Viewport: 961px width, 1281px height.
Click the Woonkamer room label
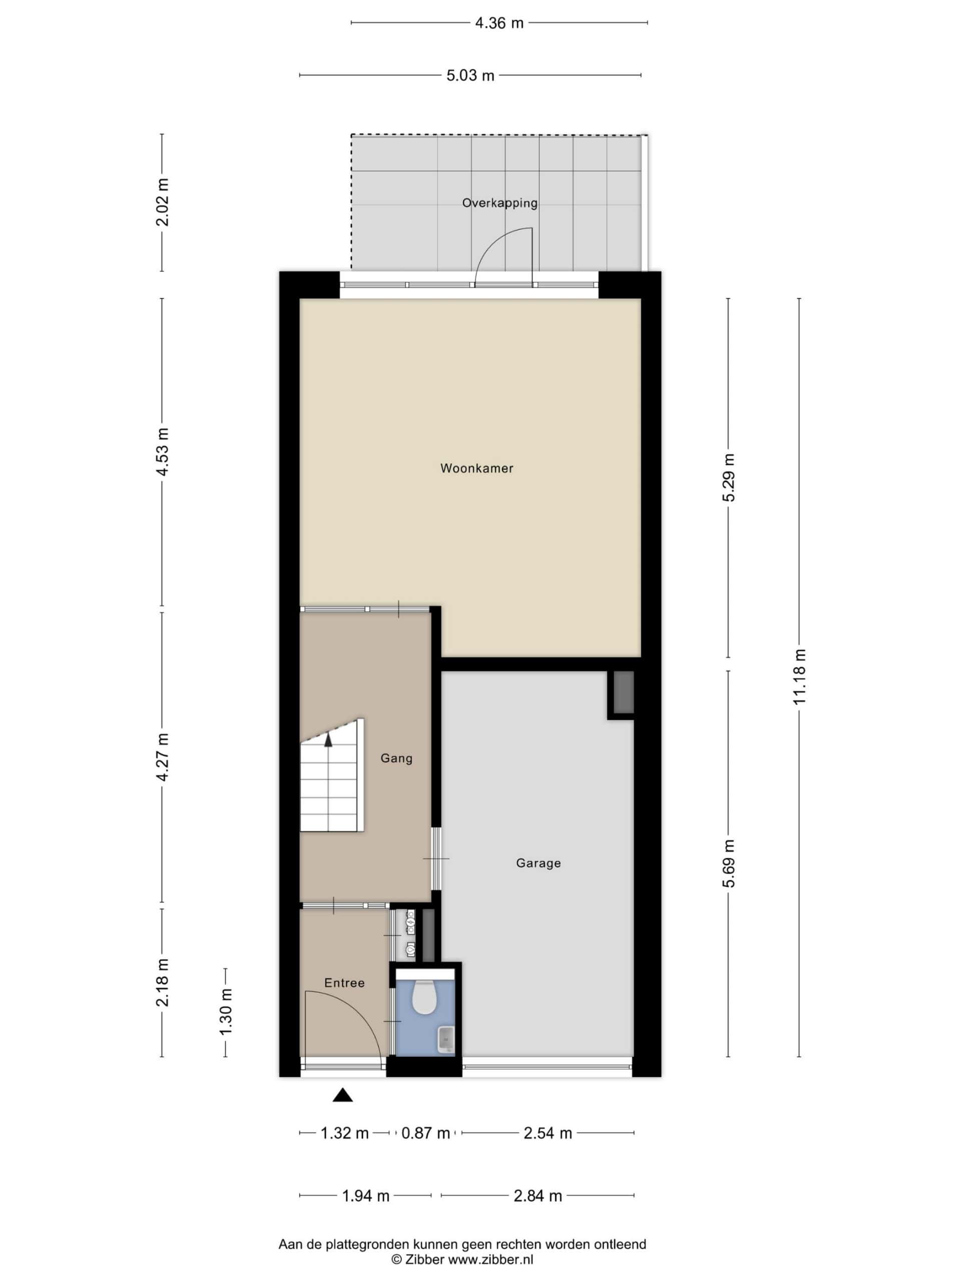coord(476,468)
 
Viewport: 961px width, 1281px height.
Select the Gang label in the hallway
coord(396,758)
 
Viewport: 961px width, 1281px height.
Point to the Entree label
coord(344,983)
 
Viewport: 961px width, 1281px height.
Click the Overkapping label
coord(500,203)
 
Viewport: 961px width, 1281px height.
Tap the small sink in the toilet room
coord(445,1039)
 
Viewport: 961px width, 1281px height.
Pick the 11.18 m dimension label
coord(799,677)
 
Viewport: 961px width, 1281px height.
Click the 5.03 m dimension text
coord(470,75)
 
